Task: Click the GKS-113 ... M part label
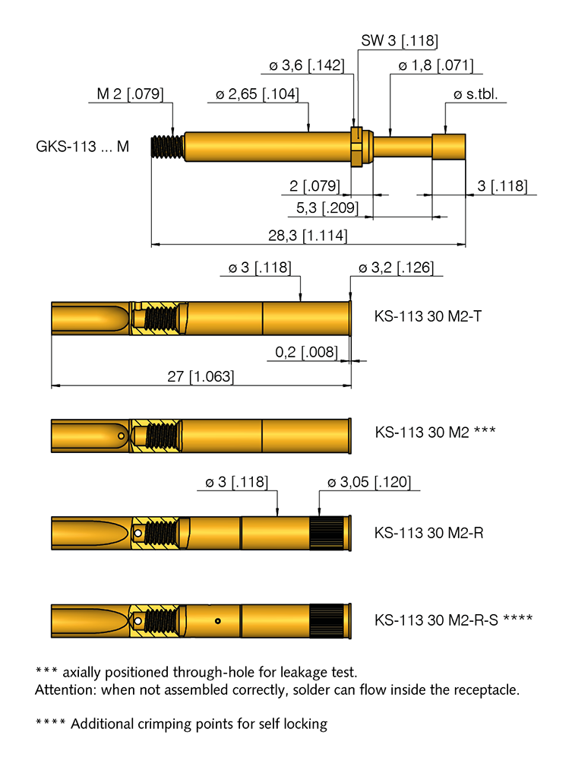click(x=82, y=146)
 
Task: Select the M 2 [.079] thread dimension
click(x=130, y=95)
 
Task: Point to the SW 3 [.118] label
click(x=399, y=41)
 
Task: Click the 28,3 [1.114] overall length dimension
click(x=308, y=236)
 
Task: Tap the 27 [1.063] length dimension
click(x=201, y=377)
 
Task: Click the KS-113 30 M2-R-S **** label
click(x=453, y=619)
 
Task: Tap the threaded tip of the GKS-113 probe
click(x=168, y=146)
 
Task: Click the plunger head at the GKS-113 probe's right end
click(x=448, y=146)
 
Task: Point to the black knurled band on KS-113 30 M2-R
click(x=328, y=528)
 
